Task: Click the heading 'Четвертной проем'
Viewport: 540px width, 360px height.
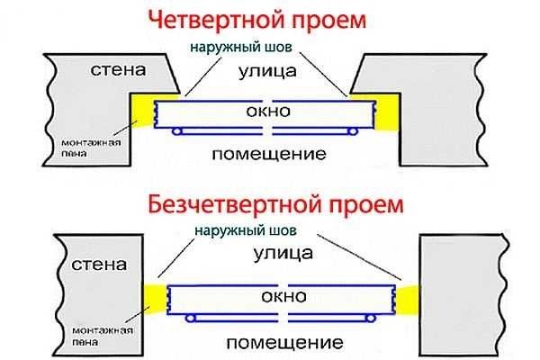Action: tap(269, 18)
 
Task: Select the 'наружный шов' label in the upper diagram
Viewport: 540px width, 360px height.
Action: tap(238, 44)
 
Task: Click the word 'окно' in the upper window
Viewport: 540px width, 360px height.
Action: tap(269, 112)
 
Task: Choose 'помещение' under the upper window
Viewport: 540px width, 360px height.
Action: tap(268, 154)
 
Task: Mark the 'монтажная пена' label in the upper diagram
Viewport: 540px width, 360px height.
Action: tap(85, 148)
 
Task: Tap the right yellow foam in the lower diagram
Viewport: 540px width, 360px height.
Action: tap(409, 297)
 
